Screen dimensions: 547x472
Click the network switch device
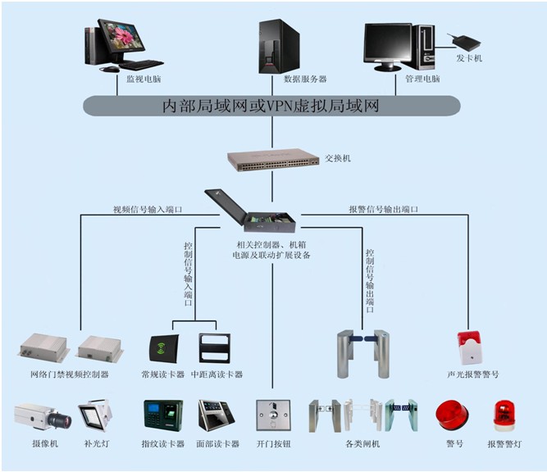pos(273,161)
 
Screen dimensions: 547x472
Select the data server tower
pos(279,46)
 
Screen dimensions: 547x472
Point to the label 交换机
pos(338,158)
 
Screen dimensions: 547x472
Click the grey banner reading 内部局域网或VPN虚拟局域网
pos(271,106)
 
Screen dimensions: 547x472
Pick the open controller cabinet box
pos(250,211)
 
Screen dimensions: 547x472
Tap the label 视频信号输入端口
pos(148,209)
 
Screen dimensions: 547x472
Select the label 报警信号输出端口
pos(383,209)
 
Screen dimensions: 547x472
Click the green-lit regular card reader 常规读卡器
pos(164,349)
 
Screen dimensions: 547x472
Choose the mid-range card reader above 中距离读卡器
pos(215,348)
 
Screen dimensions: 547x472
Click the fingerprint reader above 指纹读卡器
pos(163,415)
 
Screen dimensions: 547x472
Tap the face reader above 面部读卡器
pos(217,415)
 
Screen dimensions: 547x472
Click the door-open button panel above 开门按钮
pos(273,415)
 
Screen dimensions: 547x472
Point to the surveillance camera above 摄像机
pos(43,417)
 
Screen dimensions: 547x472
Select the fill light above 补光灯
pos(95,416)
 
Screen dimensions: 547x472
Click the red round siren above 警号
pos(452,415)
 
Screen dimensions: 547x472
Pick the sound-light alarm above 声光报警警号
pos(470,347)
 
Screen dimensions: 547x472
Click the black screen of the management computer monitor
pos(388,43)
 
